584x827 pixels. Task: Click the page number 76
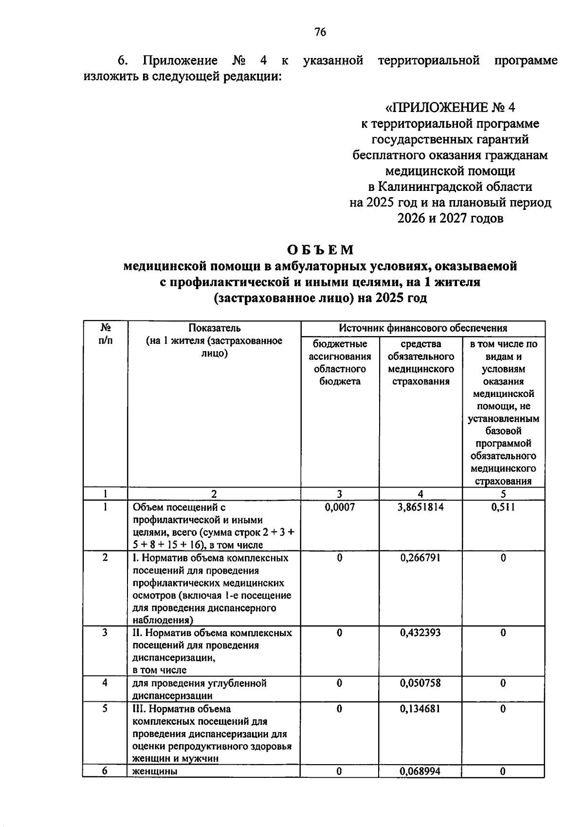(x=320, y=33)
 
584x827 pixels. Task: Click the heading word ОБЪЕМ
(x=320, y=250)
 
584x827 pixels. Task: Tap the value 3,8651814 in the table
(x=420, y=507)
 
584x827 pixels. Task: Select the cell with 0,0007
(x=340, y=507)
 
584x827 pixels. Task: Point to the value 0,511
(x=503, y=507)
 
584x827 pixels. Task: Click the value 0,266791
(x=420, y=558)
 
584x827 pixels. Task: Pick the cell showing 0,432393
(x=420, y=633)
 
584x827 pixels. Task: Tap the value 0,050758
(x=420, y=683)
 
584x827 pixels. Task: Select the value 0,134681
(x=420, y=709)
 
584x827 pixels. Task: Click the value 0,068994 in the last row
(x=420, y=771)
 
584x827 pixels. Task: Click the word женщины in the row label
(x=155, y=771)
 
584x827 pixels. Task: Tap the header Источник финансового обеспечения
(x=422, y=328)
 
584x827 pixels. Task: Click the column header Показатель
(x=214, y=328)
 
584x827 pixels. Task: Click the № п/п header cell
(x=105, y=334)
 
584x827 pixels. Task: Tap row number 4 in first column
(x=105, y=683)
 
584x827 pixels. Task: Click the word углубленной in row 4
(x=238, y=683)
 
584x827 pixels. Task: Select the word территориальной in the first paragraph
(x=429, y=61)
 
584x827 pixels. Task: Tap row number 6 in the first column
(x=105, y=771)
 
